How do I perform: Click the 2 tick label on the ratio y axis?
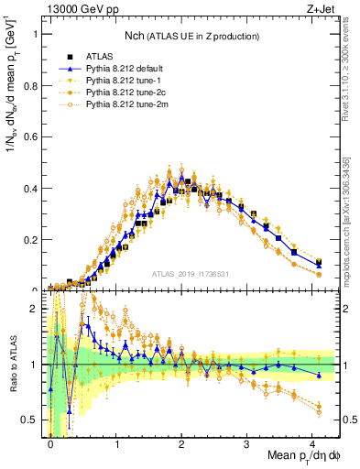35,308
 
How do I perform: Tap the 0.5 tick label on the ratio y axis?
31,420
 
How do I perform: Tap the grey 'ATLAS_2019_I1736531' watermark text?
191,274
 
